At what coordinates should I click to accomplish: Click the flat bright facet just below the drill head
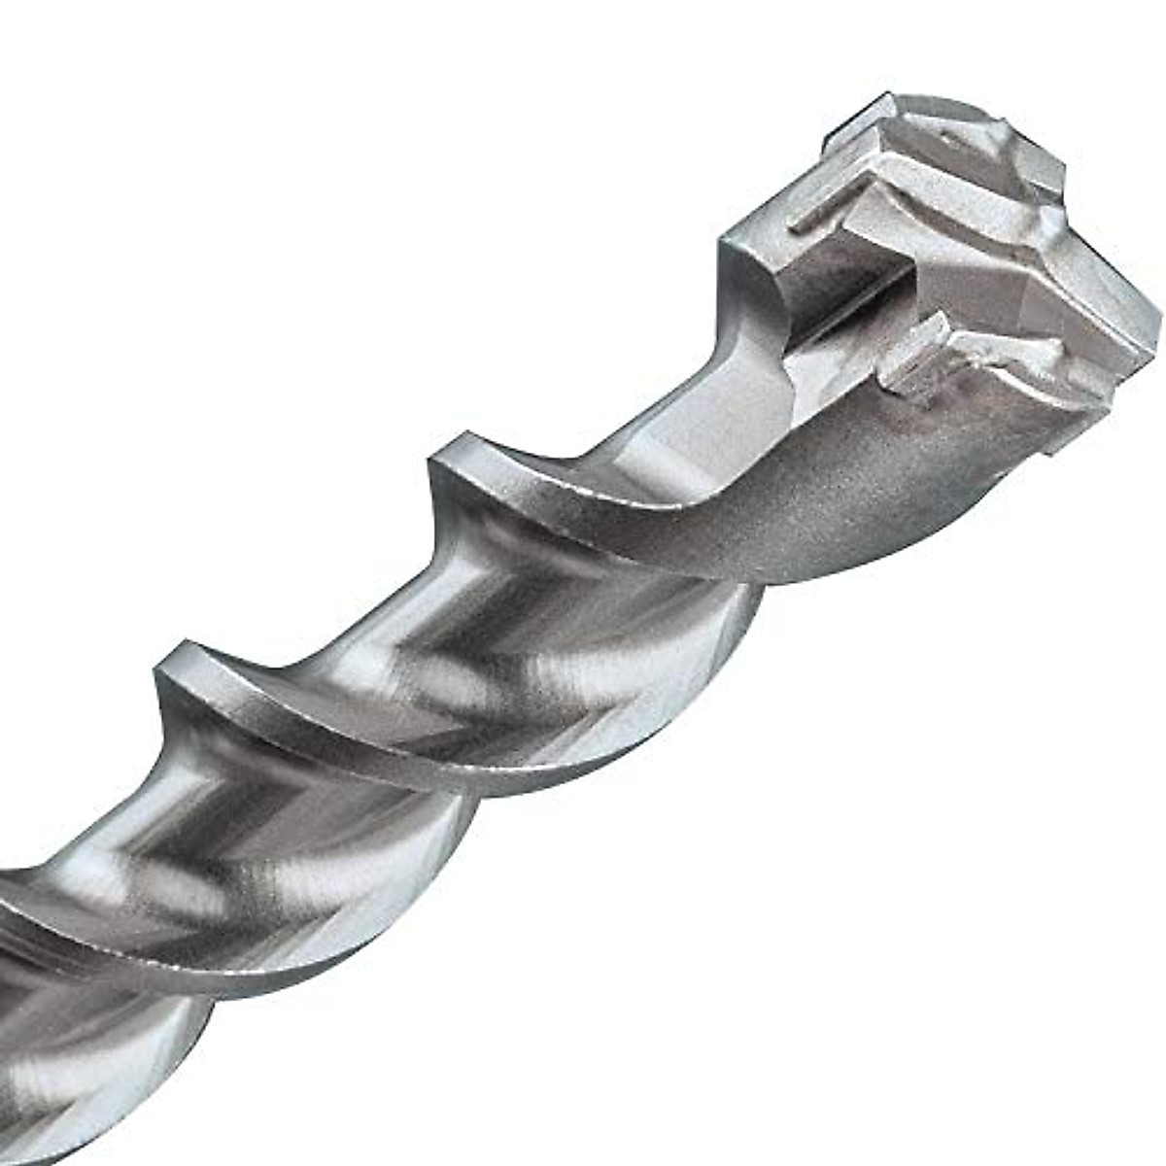pyautogui.click(x=709, y=408)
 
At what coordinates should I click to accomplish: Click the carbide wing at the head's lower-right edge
pyautogui.click(x=1088, y=379)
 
